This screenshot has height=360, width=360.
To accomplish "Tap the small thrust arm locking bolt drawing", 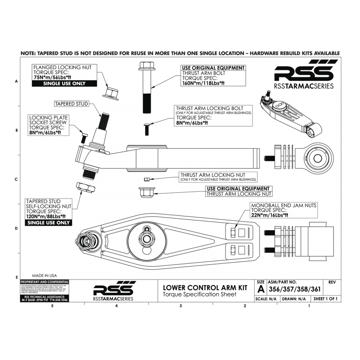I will [147, 129].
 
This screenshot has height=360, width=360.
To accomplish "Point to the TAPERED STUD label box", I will [71, 104].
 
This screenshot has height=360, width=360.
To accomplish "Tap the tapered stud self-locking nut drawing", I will [85, 188].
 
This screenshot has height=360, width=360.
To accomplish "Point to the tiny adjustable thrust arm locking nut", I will [147, 179].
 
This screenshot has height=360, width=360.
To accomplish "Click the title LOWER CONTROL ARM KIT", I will [205, 288].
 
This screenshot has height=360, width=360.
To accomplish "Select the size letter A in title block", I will [261, 289].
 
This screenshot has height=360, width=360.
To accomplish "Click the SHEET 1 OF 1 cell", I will [327, 299].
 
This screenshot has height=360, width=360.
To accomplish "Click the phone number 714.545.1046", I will [57, 300].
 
